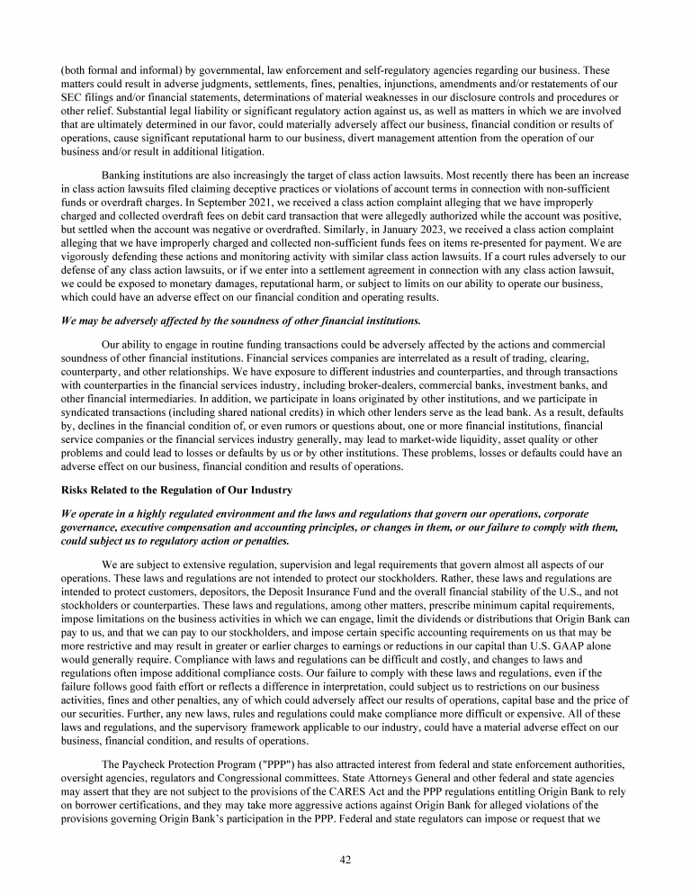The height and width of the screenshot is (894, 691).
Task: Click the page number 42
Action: click(345, 860)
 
